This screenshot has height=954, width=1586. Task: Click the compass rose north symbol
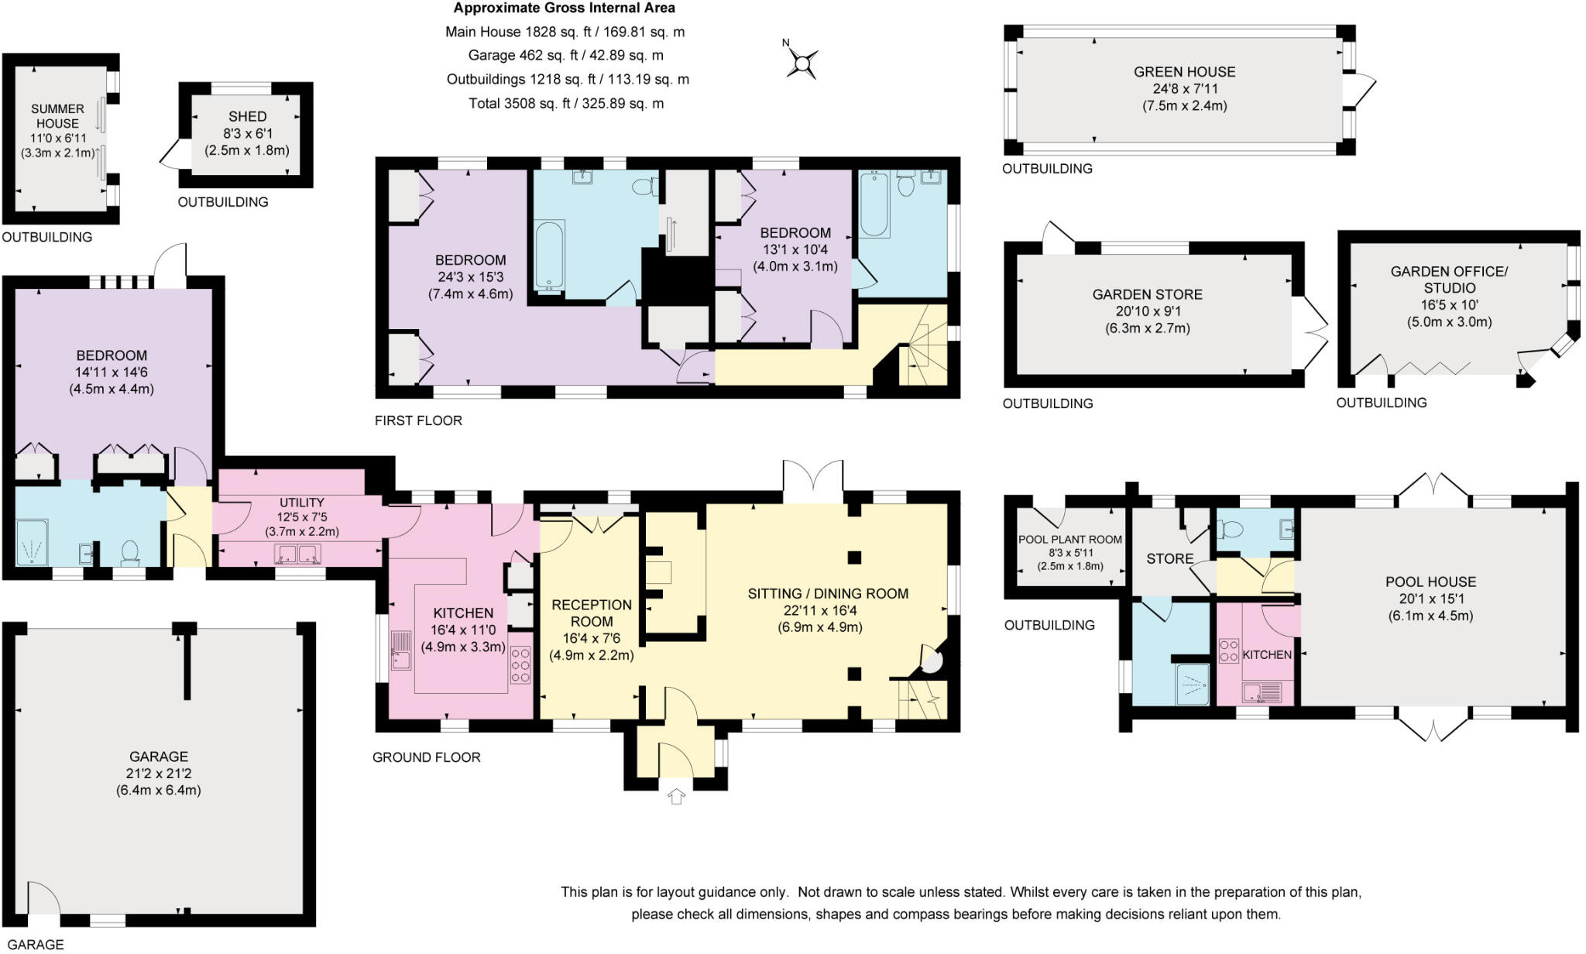(802, 62)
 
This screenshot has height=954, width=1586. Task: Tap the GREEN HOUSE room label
(1184, 72)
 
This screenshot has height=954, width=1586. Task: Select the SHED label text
(247, 116)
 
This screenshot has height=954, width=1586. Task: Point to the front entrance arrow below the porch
(676, 796)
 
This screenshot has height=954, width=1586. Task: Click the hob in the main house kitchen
(520, 665)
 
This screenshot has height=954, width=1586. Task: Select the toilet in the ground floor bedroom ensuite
(130, 551)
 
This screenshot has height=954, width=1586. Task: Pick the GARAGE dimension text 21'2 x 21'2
(158, 774)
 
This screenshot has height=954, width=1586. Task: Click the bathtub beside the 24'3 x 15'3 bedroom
(549, 256)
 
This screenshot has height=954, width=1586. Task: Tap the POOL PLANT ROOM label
(1069, 540)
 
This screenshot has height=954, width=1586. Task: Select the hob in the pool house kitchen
(1228, 650)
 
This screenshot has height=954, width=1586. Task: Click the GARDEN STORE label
(1147, 294)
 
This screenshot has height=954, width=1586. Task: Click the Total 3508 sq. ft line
(566, 104)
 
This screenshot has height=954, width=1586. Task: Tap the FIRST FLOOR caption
(418, 420)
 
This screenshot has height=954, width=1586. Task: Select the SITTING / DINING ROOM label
(827, 594)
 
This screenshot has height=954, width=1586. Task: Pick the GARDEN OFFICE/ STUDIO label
(1449, 279)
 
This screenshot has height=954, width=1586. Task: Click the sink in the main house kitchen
(401, 650)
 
